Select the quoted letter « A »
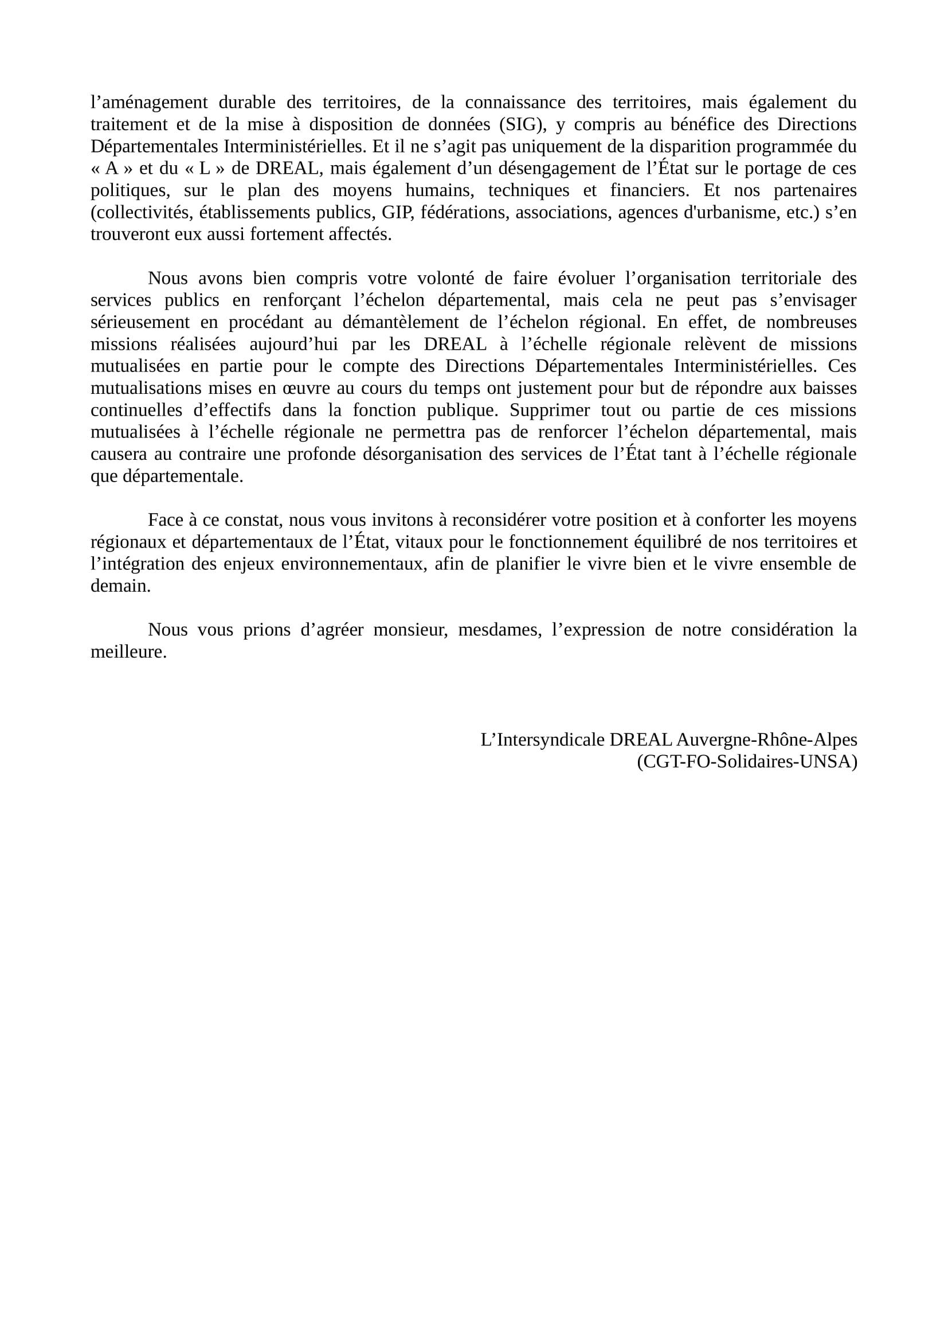(112, 169)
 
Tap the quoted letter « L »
(203, 169)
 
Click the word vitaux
(414, 542)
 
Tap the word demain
(120, 587)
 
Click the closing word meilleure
(128, 652)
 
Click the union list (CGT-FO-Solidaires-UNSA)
(747, 762)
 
